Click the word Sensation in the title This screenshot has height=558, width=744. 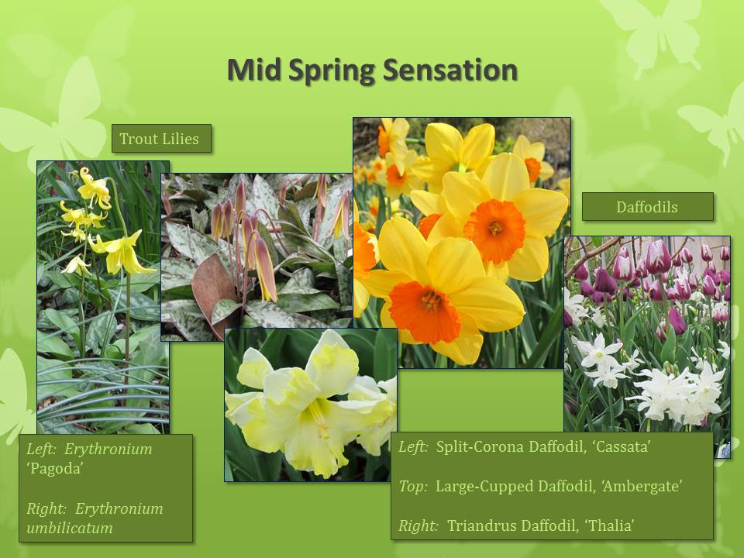tap(449, 70)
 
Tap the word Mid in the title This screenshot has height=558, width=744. tap(255, 70)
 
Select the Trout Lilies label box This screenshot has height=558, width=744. tap(161, 139)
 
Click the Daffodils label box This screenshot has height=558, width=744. tap(648, 207)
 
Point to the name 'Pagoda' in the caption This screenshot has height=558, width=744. tap(55, 468)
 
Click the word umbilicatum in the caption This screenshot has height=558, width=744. tap(70, 528)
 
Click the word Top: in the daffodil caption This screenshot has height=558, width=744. tap(413, 487)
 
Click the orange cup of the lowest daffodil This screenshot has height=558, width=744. tap(425, 311)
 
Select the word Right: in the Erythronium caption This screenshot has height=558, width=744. tap(46, 508)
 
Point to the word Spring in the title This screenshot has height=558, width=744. tap(332, 71)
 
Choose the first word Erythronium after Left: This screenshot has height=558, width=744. tap(108, 449)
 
